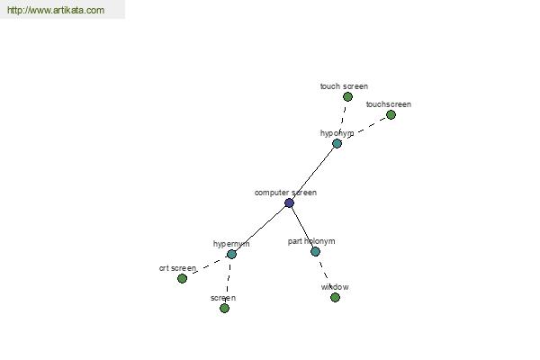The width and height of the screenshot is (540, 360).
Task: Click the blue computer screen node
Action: pyautogui.click(x=289, y=202)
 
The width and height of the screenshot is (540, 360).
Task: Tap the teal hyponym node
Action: pyautogui.click(x=337, y=144)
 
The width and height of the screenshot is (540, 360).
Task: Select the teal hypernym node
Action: pyautogui.click(x=231, y=254)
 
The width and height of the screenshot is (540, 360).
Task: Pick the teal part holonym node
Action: pyautogui.click(x=316, y=251)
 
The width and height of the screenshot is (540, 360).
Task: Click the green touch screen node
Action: pyautogui.click(x=347, y=97)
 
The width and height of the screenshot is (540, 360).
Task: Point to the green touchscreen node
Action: pyautogui.click(x=391, y=114)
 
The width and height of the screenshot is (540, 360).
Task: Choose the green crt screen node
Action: pyautogui.click(x=182, y=278)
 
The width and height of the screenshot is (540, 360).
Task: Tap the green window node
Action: pyautogui.click(x=335, y=297)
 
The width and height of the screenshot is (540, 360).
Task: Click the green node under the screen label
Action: pyautogui.click(x=224, y=308)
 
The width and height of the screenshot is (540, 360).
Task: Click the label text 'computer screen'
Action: pyautogui.click(x=285, y=193)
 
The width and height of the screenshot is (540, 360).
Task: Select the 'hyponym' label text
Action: pyautogui.click(x=337, y=133)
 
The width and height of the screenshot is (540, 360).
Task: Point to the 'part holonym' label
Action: pyautogui.click(x=311, y=241)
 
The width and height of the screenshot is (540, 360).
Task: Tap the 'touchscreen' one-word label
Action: pyautogui.click(x=389, y=104)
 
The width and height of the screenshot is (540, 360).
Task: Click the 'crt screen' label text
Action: pyautogui.click(x=177, y=268)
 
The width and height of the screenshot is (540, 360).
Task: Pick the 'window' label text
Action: pyautogui.click(x=335, y=287)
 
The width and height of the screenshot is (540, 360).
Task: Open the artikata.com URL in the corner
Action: pyautogui.click(x=56, y=10)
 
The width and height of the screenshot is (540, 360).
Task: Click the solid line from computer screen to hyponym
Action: pyautogui.click(x=313, y=174)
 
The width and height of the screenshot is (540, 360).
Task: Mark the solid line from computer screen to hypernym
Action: pyautogui.click(x=260, y=229)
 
